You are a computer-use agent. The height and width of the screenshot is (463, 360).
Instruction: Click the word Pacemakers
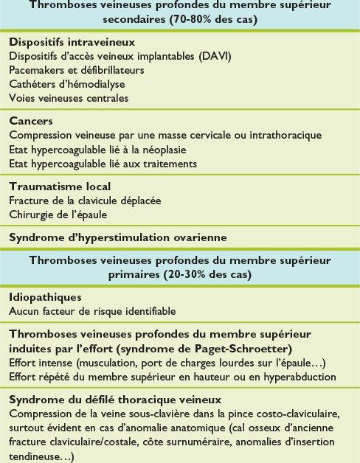tap(38, 70)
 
